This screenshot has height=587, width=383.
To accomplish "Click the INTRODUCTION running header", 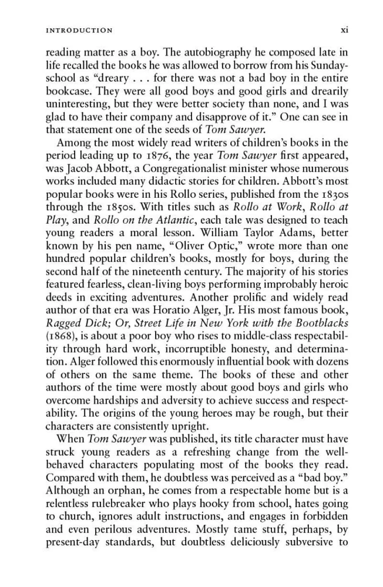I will pos(79,30).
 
